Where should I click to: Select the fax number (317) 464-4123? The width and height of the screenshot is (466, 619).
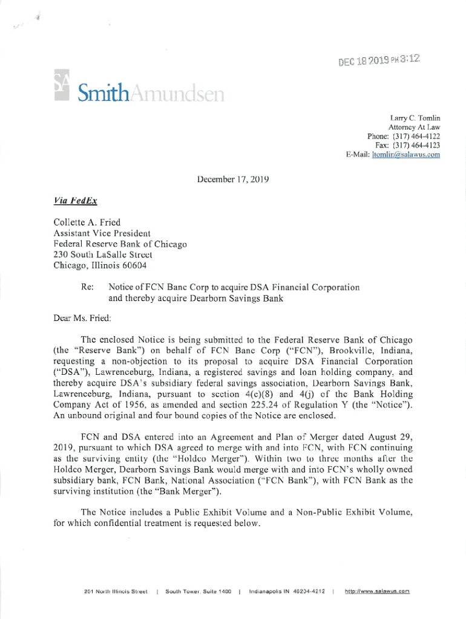point(416,146)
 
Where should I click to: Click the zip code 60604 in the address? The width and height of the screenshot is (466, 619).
point(133,265)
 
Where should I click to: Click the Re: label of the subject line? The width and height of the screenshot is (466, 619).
point(87,287)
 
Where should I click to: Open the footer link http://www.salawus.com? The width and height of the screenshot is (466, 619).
point(378,591)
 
